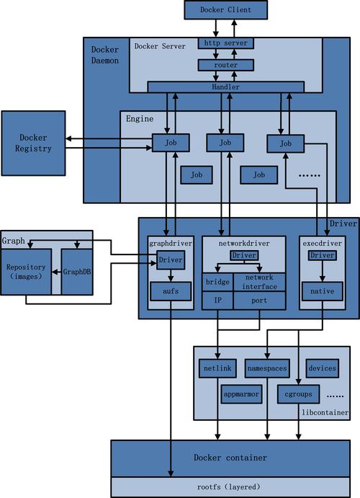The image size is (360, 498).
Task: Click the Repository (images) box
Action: tap(27, 272)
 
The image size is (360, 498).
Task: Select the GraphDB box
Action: tap(76, 272)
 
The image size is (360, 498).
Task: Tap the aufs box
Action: tap(170, 291)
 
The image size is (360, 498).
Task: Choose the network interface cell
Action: tap(259, 282)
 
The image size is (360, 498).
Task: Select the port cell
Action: tap(259, 301)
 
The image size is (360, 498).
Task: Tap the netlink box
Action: tap(217, 368)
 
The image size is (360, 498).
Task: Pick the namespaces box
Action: tap(266, 368)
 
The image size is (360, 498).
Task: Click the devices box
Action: tap(322, 368)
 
